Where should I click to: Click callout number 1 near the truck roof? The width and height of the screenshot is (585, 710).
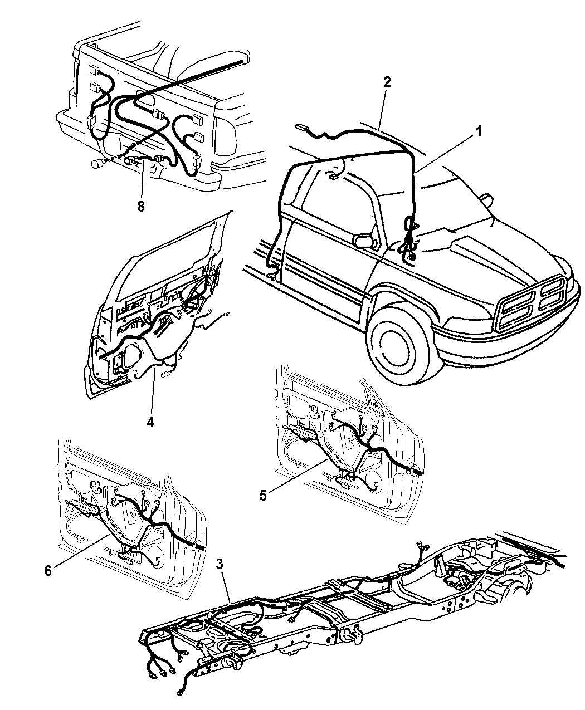[x=478, y=131]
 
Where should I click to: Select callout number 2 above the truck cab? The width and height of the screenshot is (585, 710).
[x=387, y=82]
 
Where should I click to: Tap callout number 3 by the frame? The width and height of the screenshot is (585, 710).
[x=220, y=565]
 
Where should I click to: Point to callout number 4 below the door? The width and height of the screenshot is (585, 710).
[x=150, y=423]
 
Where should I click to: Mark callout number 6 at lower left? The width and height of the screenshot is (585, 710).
[x=48, y=571]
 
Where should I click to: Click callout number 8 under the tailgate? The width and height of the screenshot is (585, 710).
[x=141, y=206]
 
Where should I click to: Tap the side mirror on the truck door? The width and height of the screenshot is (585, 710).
[x=364, y=240]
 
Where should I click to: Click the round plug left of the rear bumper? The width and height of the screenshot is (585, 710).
[x=97, y=164]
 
